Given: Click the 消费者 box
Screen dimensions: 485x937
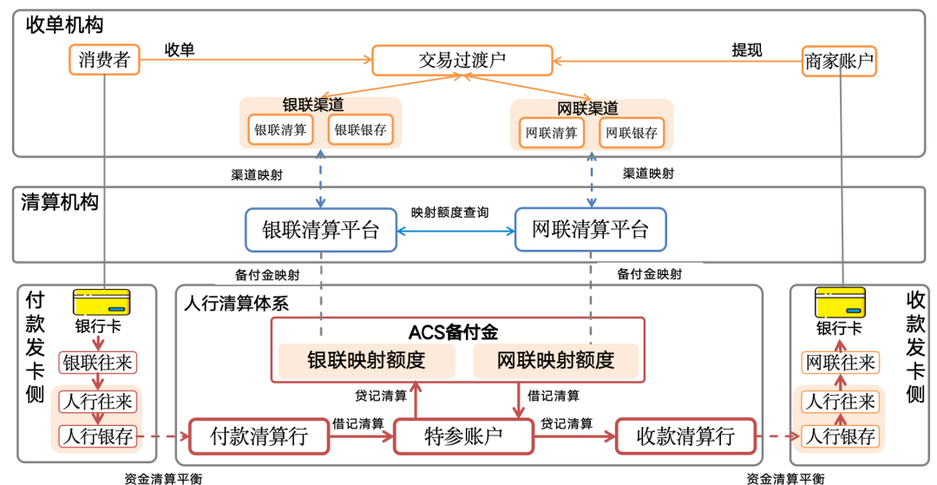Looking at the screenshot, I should (x=104, y=60).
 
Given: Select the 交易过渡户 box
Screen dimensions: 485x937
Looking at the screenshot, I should (x=462, y=60).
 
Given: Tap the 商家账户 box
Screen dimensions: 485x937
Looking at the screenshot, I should (x=839, y=61).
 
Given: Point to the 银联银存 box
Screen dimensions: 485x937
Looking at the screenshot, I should (x=360, y=130).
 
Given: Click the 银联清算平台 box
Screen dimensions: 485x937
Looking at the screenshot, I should (x=321, y=230).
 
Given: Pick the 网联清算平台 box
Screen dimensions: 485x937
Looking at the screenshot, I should (x=590, y=230).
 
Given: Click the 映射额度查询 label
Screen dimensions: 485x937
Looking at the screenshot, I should (x=449, y=212).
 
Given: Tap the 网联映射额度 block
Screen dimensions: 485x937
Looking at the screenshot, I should (x=555, y=359).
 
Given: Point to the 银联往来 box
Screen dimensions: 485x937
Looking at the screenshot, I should (x=96, y=363).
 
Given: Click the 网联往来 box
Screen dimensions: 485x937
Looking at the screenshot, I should (x=840, y=362).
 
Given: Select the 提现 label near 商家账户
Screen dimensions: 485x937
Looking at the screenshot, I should (x=747, y=50).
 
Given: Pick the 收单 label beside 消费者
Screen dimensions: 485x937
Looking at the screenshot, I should (x=180, y=49).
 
